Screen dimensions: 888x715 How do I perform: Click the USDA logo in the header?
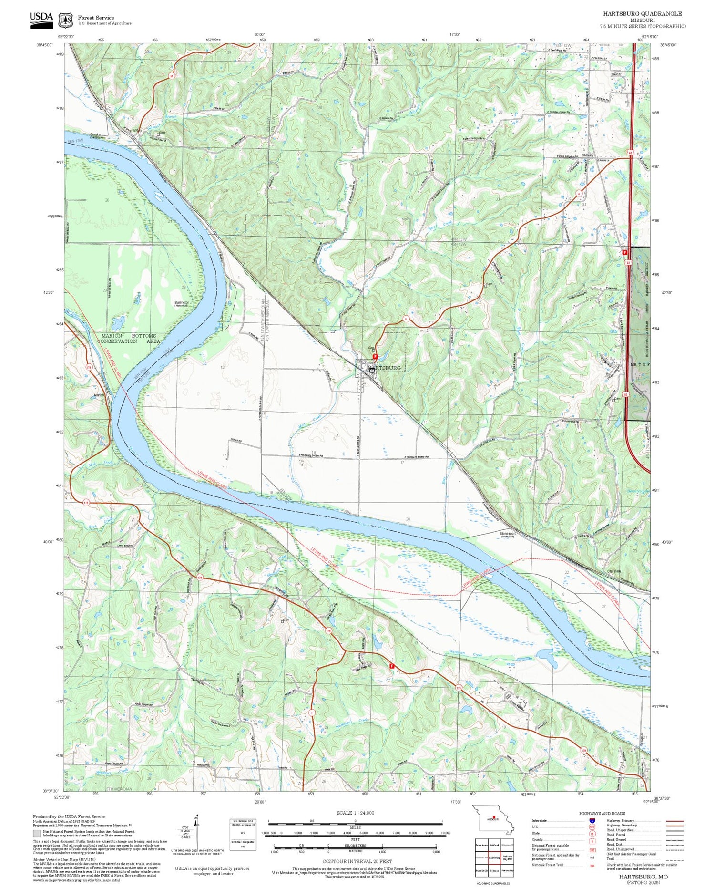(41, 20)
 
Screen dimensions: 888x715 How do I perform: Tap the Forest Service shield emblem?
(65, 21)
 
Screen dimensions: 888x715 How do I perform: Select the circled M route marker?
(171, 76)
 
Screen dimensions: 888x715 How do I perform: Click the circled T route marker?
(311, 712)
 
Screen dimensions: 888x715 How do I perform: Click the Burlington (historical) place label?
(183, 303)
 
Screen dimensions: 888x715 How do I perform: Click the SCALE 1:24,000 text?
(355, 813)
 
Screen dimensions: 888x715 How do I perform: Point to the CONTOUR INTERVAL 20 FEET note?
(357, 861)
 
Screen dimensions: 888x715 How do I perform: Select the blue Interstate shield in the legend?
(592, 820)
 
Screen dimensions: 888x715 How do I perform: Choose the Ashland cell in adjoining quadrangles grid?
(494, 845)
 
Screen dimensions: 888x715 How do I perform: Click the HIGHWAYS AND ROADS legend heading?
(602, 813)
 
